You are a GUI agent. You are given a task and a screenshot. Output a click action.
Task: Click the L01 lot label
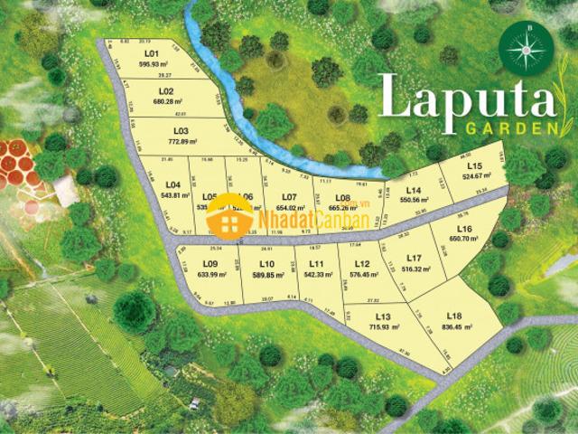pyautogui.click(x=151, y=54)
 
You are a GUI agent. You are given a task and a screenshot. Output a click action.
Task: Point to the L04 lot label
pyautogui.click(x=174, y=184)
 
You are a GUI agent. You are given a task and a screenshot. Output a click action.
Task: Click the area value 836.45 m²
pyautogui.click(x=453, y=327)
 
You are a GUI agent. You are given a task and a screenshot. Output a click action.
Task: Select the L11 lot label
pyautogui.click(x=316, y=262)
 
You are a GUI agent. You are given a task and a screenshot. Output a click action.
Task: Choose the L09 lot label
pyautogui.click(x=210, y=263)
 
